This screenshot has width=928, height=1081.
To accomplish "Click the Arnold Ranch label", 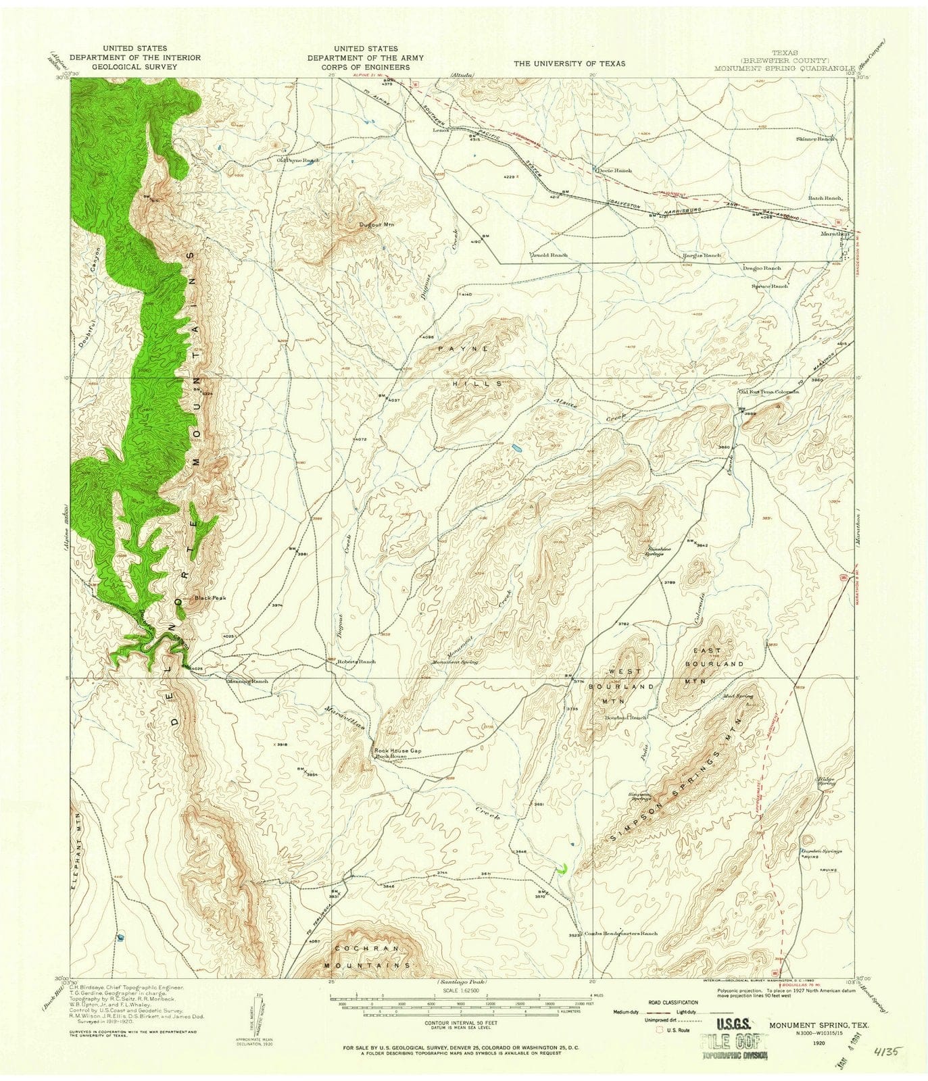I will pyautogui.click(x=549, y=255).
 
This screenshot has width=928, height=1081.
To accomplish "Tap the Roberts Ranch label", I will pyautogui.click(x=356, y=661).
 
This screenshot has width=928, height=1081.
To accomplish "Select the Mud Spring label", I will pyautogui.click(x=737, y=695).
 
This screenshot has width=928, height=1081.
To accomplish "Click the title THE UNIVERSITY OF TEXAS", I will pyautogui.click(x=569, y=63).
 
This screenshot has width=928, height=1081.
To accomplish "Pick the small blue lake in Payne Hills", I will pyautogui.click(x=516, y=448).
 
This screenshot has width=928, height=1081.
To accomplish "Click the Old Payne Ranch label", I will pyautogui.click(x=297, y=160).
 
